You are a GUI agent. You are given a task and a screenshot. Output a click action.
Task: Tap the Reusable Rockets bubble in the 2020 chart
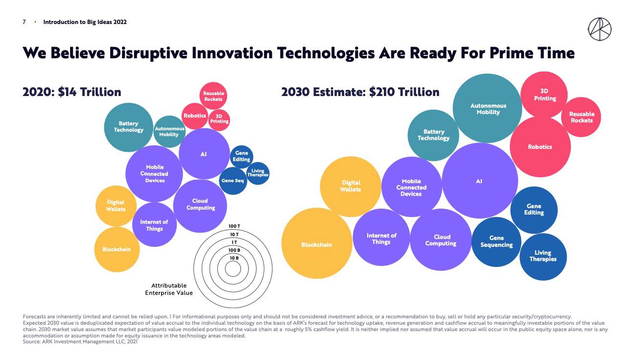[213, 96]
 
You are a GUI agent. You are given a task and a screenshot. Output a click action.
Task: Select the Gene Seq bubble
[233, 181]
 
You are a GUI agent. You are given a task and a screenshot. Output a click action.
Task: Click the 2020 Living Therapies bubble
[258, 173]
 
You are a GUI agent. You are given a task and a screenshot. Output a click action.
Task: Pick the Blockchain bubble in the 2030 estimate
[316, 244]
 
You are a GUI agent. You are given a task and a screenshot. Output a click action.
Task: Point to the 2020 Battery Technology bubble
[128, 127]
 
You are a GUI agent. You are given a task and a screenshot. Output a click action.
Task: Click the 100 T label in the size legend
[234, 226]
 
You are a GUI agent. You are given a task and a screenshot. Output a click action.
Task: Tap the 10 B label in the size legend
[234, 258]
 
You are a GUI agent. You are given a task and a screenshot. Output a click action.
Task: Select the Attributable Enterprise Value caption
[169, 289]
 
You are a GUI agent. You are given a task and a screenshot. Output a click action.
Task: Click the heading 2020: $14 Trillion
[72, 92]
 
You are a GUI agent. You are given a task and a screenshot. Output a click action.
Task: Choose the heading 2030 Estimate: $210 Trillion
[360, 92]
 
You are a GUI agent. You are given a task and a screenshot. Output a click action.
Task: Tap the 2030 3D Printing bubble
[545, 95]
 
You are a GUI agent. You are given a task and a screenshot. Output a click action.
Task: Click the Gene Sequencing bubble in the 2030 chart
[496, 241]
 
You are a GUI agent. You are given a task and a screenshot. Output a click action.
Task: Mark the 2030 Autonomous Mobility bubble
[488, 109]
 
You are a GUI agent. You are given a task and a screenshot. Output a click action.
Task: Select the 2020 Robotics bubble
[195, 116]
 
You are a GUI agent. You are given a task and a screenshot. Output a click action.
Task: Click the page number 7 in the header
[24, 22]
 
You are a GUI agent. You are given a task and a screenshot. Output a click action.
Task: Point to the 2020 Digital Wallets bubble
[116, 206]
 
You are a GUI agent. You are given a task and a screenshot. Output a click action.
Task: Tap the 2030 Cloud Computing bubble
[441, 240]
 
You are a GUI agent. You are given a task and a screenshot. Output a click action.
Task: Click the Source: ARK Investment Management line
[81, 342]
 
